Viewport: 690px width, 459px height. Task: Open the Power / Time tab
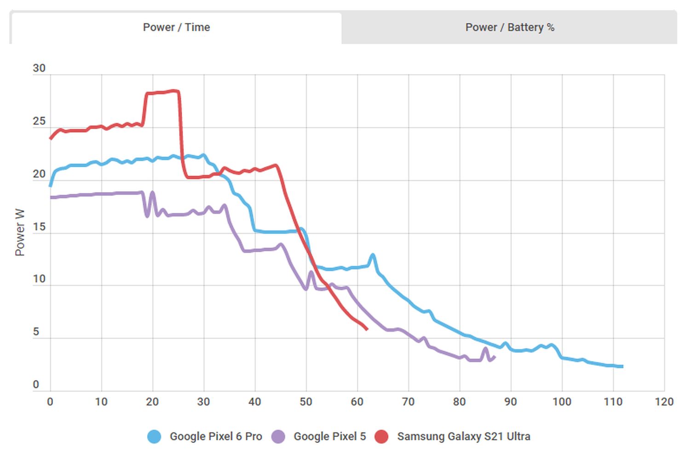[176, 28]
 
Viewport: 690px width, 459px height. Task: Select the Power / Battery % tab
[510, 28]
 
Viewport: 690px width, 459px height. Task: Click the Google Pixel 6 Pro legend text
[216, 436]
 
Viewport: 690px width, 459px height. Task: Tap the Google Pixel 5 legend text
[330, 436]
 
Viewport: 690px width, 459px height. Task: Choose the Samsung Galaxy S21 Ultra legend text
[464, 436]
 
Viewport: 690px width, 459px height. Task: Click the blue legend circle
[154, 436]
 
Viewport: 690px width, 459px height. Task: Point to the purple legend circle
[278, 436]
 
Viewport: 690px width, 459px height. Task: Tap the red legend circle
[381, 436]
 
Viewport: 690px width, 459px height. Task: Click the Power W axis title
[20, 232]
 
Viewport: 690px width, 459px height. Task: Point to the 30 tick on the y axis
[39, 68]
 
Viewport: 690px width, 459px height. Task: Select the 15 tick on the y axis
[39, 227]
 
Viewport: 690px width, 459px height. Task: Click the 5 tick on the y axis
[36, 332]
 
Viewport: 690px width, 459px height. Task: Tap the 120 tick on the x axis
[664, 402]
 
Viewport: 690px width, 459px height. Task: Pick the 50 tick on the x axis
[306, 402]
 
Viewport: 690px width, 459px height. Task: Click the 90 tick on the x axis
[510, 402]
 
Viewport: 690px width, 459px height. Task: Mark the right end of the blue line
[622, 366]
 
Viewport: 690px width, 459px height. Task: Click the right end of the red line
[367, 329]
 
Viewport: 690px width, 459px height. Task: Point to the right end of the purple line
[494, 357]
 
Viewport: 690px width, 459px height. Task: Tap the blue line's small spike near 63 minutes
[373, 255]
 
